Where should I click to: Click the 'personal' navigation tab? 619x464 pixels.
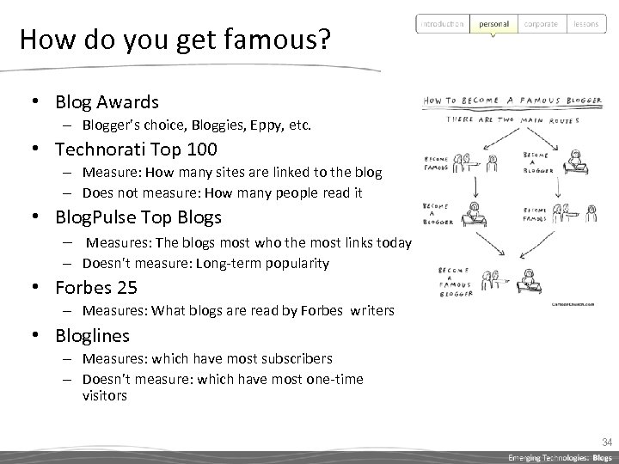tap(493, 24)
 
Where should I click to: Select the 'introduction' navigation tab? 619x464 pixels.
tap(442, 24)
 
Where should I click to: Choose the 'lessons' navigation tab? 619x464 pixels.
tap(586, 24)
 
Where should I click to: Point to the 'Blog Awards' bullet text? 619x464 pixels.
tap(107, 102)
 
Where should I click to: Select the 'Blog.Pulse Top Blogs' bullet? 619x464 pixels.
tap(138, 217)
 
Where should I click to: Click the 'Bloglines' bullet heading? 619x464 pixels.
tap(92, 334)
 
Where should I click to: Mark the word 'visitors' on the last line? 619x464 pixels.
tap(105, 396)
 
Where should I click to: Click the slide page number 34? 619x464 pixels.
tap(606, 443)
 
